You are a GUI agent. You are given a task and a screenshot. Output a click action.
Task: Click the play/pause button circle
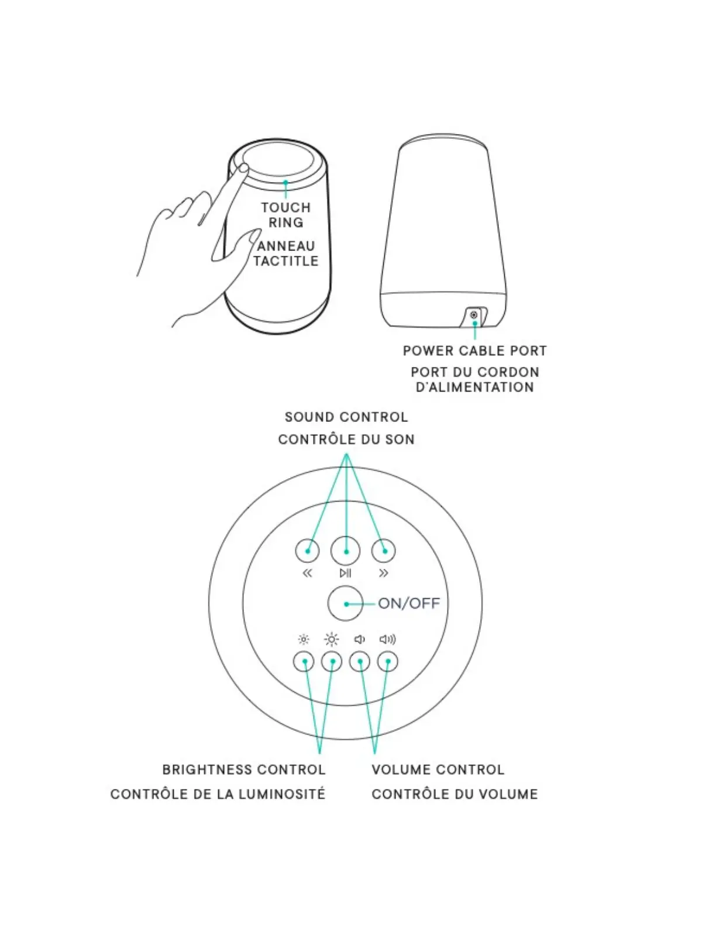coord(346,551)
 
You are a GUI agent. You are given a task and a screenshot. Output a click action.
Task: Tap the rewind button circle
coord(308,551)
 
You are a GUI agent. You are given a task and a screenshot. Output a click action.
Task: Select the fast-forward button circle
coord(384,551)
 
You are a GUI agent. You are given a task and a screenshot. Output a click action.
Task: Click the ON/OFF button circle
coord(346,603)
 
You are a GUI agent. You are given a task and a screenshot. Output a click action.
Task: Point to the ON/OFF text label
coord(409,603)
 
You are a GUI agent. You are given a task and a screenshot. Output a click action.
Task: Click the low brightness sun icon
coord(303,640)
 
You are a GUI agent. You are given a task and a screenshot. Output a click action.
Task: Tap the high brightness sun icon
coord(332,640)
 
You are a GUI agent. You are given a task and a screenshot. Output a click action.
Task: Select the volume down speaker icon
coord(360,640)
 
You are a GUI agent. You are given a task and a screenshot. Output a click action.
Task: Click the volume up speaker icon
coord(387,640)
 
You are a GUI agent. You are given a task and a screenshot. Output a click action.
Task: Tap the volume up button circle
coord(387,662)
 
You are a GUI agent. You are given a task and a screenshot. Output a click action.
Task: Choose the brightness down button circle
coord(304,662)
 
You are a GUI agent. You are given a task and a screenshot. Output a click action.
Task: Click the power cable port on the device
coord(474,315)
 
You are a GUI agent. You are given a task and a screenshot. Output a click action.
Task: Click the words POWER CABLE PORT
coord(474,351)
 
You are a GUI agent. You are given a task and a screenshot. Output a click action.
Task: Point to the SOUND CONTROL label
coord(346,417)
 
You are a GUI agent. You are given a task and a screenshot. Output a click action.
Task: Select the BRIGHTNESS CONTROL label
coord(244,770)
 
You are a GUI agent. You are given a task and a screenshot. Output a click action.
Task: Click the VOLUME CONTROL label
coord(438,770)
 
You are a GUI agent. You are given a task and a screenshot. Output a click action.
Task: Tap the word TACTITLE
coord(286,261)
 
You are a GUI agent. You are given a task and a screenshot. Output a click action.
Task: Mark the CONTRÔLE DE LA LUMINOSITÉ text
coord(218,794)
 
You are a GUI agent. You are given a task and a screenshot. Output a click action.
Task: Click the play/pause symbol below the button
coord(346,573)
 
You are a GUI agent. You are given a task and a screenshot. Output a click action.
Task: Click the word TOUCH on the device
coord(286,208)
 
